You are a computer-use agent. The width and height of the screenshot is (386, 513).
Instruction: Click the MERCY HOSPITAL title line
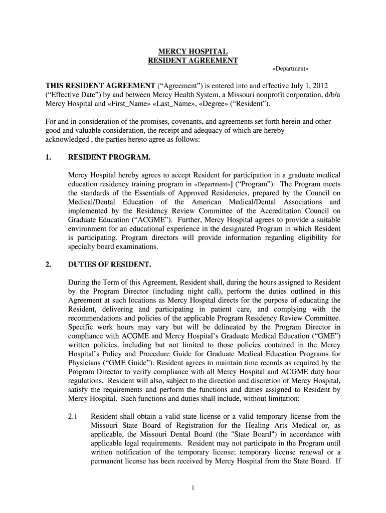click(193, 52)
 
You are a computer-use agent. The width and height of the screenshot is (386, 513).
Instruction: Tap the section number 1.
click(48, 157)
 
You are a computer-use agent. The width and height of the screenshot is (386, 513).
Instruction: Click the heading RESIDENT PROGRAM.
click(109, 157)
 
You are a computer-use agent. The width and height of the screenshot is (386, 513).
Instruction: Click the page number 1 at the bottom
click(193, 488)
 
